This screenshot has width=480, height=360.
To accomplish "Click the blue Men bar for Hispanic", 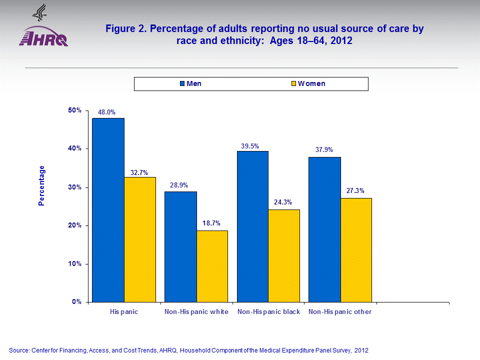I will pos(108,210).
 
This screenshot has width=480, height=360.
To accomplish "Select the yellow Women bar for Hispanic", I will pos(140,239).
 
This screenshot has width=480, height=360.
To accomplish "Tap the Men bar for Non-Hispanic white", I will pos(180,247).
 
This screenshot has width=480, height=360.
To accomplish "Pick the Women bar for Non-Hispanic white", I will pos(212,266).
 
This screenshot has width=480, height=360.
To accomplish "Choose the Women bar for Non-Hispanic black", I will pos(284,255).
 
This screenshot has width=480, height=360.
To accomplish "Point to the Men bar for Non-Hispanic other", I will pos(324,229).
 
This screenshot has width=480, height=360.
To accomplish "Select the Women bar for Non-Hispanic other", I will pos(356,250).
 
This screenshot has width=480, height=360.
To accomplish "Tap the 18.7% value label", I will pos(211,223).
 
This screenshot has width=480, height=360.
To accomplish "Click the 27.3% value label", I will pos(356,190).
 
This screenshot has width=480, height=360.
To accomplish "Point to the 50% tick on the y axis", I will pos(75,110).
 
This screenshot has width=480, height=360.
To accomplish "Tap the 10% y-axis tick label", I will pos(75,263).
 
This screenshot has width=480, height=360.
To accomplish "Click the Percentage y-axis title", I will pos(42,185).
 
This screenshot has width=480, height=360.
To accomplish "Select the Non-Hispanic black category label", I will pos(268,312).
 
